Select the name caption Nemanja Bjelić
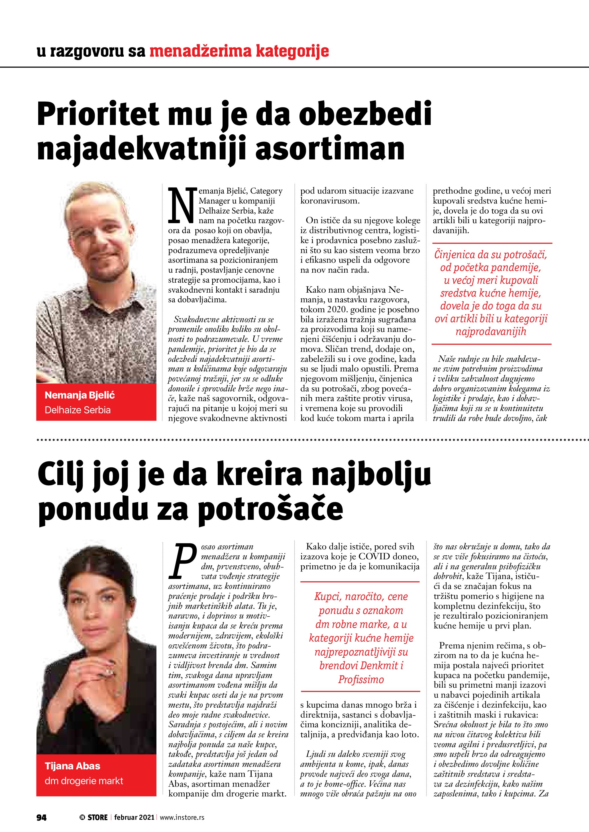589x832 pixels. click(80, 395)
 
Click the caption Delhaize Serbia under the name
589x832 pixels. click(77, 410)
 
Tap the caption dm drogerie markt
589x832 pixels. click(84, 780)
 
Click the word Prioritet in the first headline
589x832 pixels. click(98, 114)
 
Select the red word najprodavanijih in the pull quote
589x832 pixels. click(491, 331)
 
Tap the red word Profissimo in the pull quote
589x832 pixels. click(361, 679)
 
